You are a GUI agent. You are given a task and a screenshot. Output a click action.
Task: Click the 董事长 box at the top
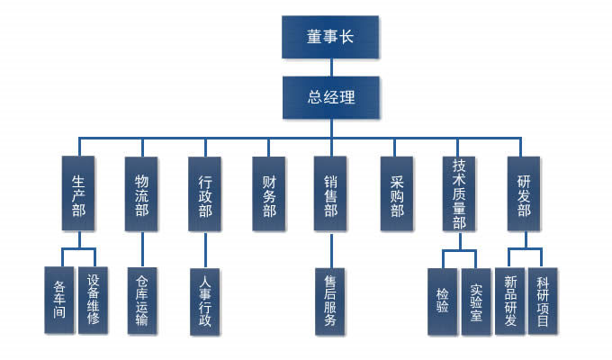330,38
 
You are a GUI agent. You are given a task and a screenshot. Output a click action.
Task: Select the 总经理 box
330,98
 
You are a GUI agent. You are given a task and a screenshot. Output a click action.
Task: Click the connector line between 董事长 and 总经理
330,67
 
